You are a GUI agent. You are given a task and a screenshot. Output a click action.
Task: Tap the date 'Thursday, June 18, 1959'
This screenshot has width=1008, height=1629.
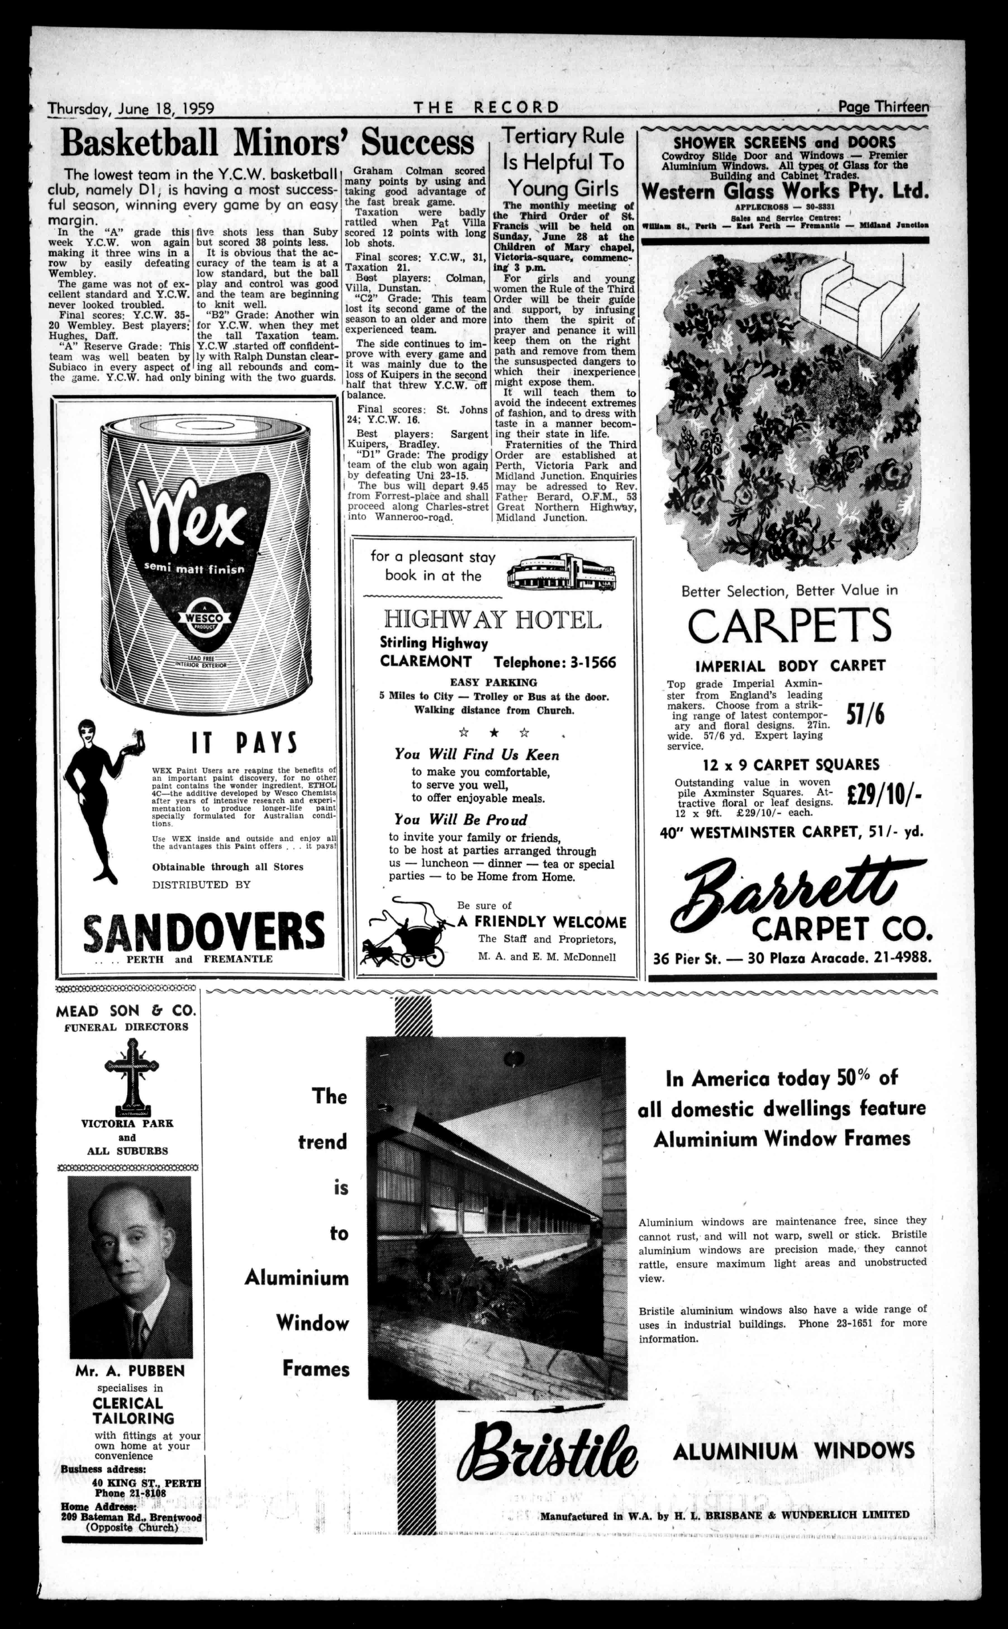(131, 108)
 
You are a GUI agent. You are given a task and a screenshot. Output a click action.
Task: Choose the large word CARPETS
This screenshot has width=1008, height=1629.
(789, 626)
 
